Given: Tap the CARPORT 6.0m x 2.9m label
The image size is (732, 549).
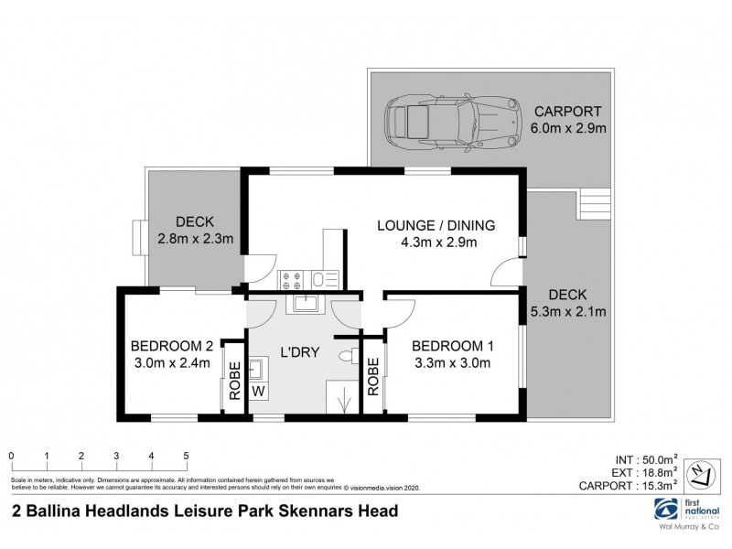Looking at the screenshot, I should [x=570, y=119].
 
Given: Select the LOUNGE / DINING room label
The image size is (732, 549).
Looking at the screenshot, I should [x=436, y=233].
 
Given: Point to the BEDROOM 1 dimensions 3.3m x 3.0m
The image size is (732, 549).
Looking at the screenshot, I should [x=453, y=362].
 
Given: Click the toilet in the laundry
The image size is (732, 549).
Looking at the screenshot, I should [x=347, y=355].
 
